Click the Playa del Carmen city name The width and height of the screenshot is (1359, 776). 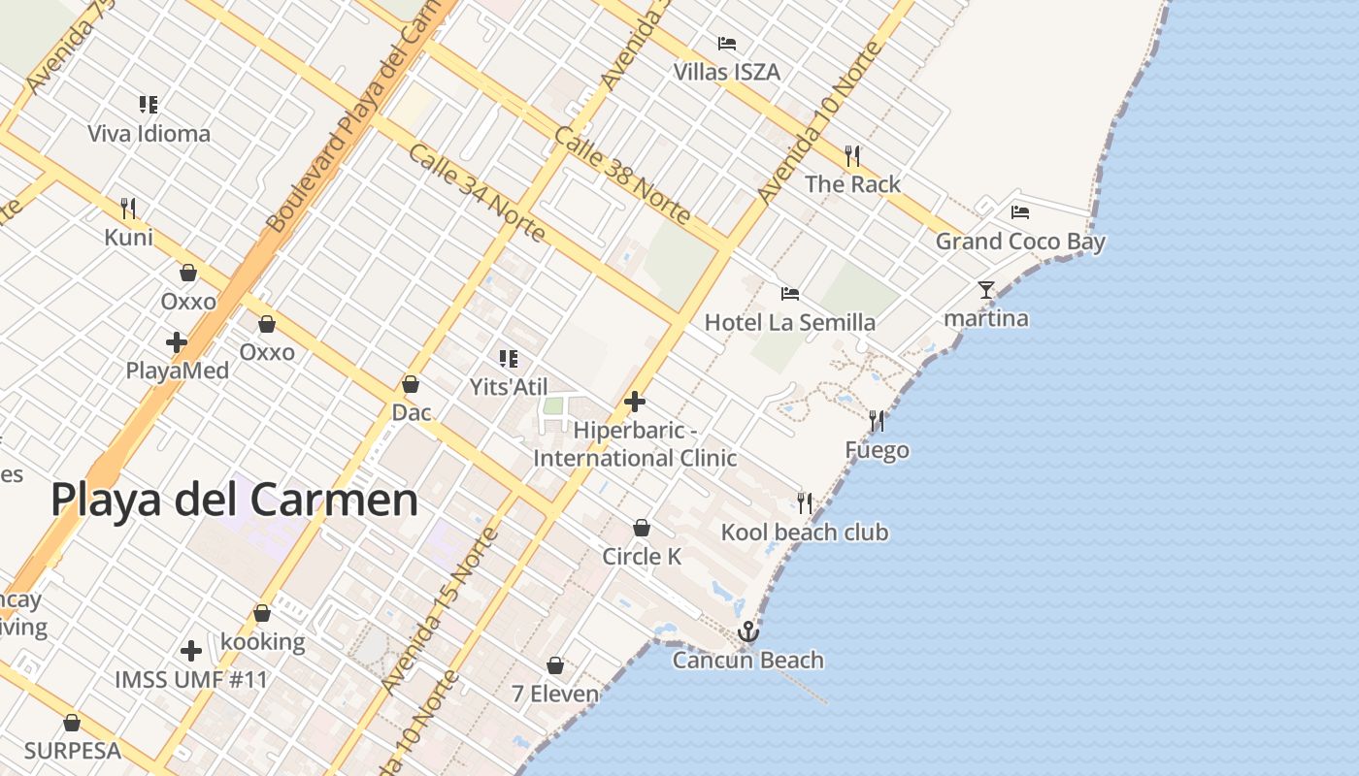(x=234, y=501)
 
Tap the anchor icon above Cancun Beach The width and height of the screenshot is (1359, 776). (x=747, y=632)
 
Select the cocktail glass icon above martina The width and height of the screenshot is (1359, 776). (x=986, y=289)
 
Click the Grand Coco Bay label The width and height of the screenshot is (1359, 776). (x=1020, y=242)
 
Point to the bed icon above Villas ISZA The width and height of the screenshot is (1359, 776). (x=726, y=43)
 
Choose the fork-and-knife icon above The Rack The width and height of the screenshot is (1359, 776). (x=852, y=155)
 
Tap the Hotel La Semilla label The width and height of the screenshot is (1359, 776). (x=790, y=322)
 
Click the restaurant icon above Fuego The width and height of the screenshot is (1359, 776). (x=877, y=421)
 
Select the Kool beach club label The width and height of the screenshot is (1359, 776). (x=804, y=533)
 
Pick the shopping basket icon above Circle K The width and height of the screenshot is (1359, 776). (x=641, y=528)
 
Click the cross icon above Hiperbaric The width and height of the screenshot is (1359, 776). (x=635, y=402)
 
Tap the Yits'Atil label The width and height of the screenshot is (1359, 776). (x=509, y=387)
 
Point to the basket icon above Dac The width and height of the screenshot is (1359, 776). (x=411, y=384)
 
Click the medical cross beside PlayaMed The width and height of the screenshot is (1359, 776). (x=176, y=342)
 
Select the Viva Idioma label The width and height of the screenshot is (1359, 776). (x=149, y=133)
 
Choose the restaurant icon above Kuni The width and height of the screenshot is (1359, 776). (x=128, y=208)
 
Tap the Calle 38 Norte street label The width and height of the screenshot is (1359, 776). (x=621, y=175)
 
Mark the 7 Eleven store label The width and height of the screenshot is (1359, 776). (x=555, y=694)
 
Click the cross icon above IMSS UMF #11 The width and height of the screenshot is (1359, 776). (x=191, y=650)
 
